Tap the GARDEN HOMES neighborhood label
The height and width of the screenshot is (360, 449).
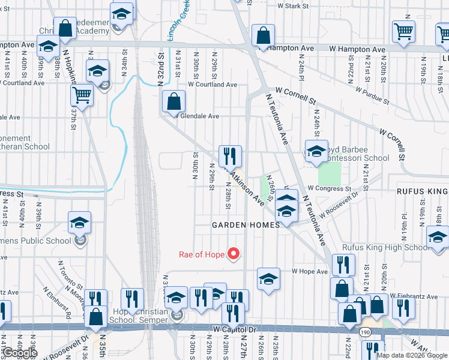[246, 225]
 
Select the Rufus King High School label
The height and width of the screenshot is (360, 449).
[385, 247]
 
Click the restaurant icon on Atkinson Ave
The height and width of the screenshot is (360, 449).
[230, 157]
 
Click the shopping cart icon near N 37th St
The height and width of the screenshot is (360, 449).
[82, 95]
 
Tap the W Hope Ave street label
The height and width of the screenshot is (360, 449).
[309, 271]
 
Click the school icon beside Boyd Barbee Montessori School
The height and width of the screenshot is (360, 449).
[316, 152]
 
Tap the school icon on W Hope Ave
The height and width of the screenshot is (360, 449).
[268, 279]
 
